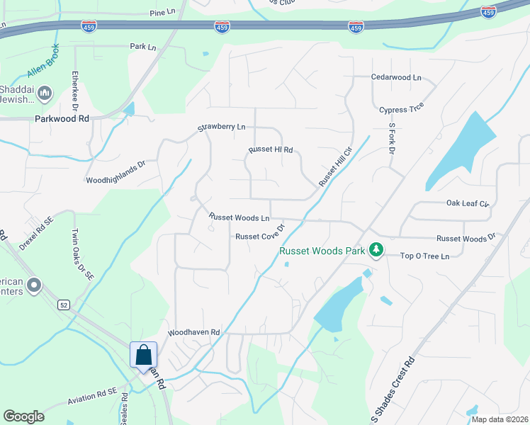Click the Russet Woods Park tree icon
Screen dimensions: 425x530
point(376,250)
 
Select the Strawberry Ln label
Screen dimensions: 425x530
point(221,127)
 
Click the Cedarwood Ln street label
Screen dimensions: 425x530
point(395,77)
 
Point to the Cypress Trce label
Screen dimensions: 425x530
point(401,110)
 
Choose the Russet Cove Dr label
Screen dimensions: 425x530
point(259,237)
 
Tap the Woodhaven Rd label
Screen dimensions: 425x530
point(194,332)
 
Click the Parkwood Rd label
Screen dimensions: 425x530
point(62,119)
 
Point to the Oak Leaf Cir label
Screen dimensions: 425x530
point(468,203)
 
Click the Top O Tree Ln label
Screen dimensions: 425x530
point(425,256)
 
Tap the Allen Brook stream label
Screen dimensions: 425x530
point(44,64)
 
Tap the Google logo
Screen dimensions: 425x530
point(24,416)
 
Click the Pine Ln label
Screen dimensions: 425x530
point(162,13)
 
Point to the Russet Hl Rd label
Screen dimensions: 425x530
point(270,150)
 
